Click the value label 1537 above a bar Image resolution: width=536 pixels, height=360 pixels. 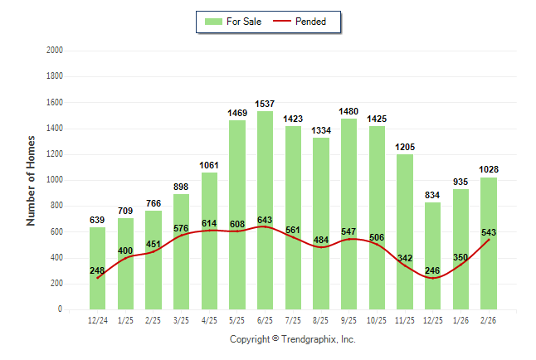coord(266,104)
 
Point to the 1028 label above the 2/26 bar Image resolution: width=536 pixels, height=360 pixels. coord(489,169)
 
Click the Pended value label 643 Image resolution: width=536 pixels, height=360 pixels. coord(266,220)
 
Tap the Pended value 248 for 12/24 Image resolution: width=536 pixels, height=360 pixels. coord(98,270)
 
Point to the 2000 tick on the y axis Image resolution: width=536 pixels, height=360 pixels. coord(55,51)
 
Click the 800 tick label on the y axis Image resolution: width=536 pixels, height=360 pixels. coord(57,206)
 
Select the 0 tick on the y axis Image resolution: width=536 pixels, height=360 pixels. coord(61,309)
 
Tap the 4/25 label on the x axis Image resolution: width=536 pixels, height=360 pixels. coord(209,319)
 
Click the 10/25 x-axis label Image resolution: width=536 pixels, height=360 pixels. coord(377,319)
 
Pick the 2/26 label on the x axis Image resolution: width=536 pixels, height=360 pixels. coord(489,319)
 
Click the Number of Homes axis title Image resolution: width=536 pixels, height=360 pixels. coord(32,180)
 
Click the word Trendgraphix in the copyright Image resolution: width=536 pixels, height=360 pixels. coord(309,339)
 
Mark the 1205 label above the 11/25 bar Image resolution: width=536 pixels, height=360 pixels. coord(405,147)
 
